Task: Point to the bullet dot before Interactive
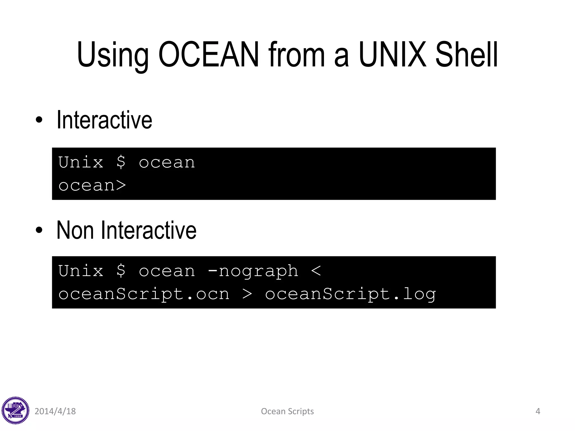coord(39,120)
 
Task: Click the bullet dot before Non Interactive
coord(39,230)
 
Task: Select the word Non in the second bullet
coord(75,230)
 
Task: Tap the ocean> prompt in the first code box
coord(92,185)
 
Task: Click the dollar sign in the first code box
coord(121,162)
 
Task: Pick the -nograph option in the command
coord(253,271)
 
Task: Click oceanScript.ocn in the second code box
coord(144,294)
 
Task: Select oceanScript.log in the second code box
coord(350,294)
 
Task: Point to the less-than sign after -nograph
coord(316,271)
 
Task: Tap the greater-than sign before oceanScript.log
coord(247,294)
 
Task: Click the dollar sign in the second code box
coord(121,271)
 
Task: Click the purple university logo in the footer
coord(15,411)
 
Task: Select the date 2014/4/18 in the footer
coord(55,411)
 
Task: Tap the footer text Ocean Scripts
coord(287,411)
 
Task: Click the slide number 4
coord(538,411)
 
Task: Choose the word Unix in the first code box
coord(81,162)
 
